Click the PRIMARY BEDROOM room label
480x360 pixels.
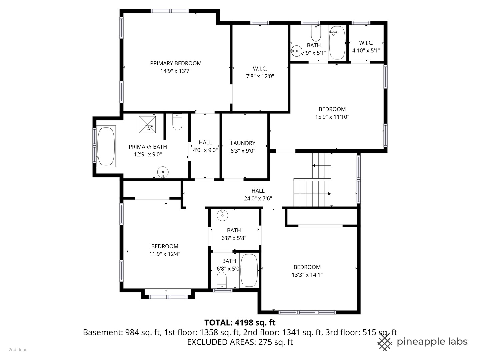point(176,63)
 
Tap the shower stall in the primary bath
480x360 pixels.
point(147,124)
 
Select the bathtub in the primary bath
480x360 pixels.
point(106,146)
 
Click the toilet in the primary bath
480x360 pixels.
point(177,122)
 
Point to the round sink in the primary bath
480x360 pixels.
point(163,172)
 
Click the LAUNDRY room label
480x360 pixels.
point(243,143)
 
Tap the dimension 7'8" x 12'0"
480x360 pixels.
point(260,76)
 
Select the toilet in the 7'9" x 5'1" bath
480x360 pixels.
point(316,33)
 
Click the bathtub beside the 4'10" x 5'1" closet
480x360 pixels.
point(337,43)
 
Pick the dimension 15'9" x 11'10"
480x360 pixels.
point(332,117)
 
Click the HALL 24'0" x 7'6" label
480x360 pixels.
point(258,195)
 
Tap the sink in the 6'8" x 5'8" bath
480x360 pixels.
point(222,215)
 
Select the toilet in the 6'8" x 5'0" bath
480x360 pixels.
point(222,280)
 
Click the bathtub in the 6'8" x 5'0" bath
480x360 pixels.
point(249,270)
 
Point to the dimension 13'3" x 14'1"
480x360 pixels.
point(307,275)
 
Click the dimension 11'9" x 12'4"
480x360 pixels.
point(165,254)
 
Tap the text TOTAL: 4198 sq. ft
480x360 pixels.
point(240,322)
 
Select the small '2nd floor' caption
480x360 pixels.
point(18,350)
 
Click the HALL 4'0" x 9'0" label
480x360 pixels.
point(205,146)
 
